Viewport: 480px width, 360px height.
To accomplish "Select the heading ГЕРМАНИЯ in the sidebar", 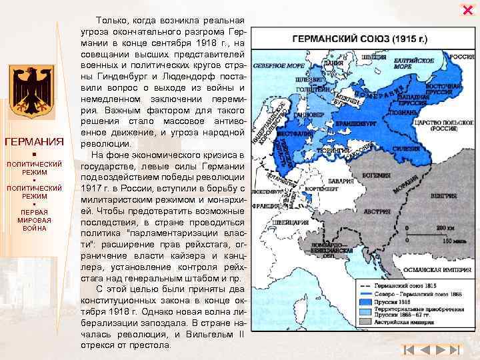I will pos(33,142).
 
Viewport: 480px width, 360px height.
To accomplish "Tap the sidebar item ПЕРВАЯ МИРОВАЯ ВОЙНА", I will pos(33,220).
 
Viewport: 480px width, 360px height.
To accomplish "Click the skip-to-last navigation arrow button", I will pos(453,349).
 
